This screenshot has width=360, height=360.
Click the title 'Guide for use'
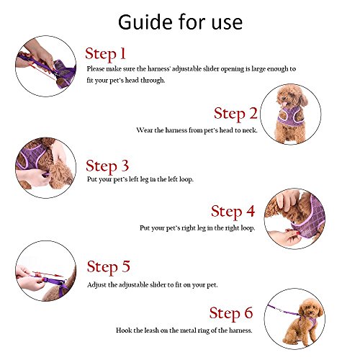(x=180, y=22)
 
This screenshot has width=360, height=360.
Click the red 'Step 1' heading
(x=105, y=54)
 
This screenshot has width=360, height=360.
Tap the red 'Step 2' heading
(x=235, y=114)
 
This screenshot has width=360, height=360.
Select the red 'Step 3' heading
(x=107, y=166)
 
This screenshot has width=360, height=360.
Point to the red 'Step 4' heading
(x=233, y=212)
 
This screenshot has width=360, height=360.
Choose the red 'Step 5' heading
(x=108, y=266)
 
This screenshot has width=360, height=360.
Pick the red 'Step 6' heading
(x=231, y=313)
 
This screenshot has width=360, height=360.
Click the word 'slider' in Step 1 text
(x=211, y=69)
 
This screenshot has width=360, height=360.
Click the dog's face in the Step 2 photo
(x=286, y=98)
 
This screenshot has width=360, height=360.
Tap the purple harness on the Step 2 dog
(x=291, y=117)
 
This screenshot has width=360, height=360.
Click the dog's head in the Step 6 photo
(x=310, y=308)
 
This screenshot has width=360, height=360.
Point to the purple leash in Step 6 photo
(x=283, y=310)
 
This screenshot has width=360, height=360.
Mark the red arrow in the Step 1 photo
(x=41, y=71)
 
